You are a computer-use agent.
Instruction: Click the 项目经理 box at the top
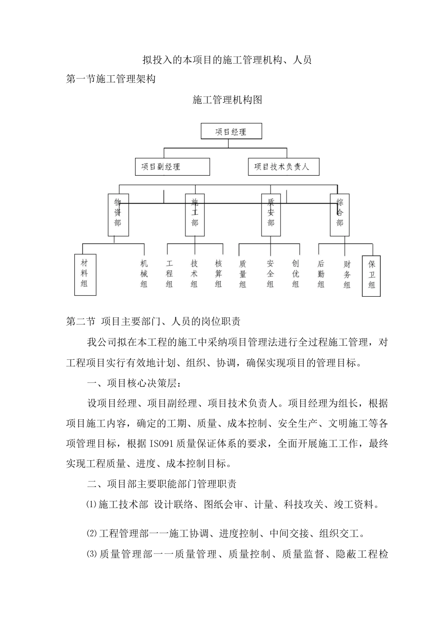[231, 131]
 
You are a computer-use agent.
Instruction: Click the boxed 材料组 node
[85, 275]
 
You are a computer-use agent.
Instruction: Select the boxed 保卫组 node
[372, 276]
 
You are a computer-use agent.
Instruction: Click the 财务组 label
[347, 274]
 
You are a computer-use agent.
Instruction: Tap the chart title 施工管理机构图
[227, 100]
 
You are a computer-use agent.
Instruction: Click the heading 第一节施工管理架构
[111, 79]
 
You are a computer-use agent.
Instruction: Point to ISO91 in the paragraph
[160, 444]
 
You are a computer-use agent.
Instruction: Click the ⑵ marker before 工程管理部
[91, 534]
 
